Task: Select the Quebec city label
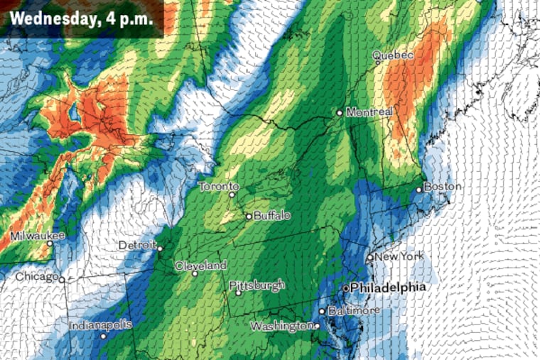point(394,55)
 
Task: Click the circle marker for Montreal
point(340,112)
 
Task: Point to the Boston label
point(443,187)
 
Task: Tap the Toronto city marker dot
point(232,195)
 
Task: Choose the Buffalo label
point(272,216)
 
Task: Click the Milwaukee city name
point(37,235)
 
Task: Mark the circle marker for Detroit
point(161,249)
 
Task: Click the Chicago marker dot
point(62,279)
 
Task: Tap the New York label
point(399,256)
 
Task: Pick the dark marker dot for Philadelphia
point(346,289)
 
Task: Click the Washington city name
point(280,327)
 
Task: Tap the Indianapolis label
point(100,325)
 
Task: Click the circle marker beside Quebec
point(378,62)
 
